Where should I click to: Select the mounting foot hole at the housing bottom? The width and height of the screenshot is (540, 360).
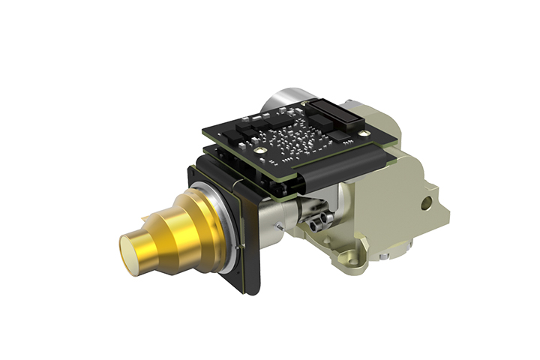(x=346, y=259)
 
